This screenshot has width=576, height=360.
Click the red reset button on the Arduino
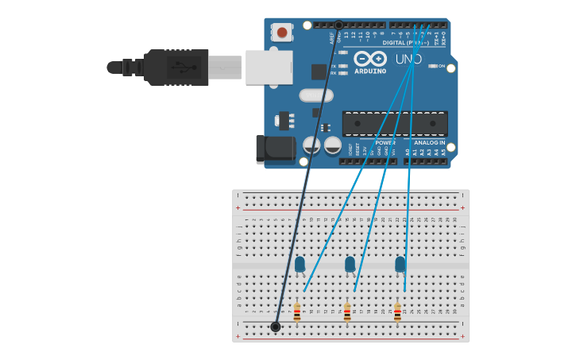click(x=281, y=33)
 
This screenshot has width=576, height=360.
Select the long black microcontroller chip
click(x=395, y=123)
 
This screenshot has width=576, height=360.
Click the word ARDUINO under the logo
click(x=370, y=72)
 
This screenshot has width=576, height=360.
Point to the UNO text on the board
click(x=408, y=59)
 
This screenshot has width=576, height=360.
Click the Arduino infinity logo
click(x=370, y=59)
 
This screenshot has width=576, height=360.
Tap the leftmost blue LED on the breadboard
click(x=300, y=264)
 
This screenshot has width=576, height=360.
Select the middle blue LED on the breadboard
click(x=350, y=264)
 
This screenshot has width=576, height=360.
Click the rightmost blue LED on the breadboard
click(x=400, y=264)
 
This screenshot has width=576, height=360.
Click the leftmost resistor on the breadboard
click(x=297, y=312)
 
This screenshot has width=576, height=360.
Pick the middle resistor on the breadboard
click(x=347, y=312)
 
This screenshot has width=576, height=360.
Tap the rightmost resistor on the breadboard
click(x=397, y=312)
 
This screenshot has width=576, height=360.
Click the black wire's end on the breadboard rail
click(x=276, y=327)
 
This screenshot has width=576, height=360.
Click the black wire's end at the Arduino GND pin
click(x=338, y=25)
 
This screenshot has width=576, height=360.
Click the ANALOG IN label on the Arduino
click(x=430, y=143)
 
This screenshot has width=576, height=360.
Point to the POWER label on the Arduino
click(x=385, y=143)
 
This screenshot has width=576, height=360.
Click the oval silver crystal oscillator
click(x=316, y=95)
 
